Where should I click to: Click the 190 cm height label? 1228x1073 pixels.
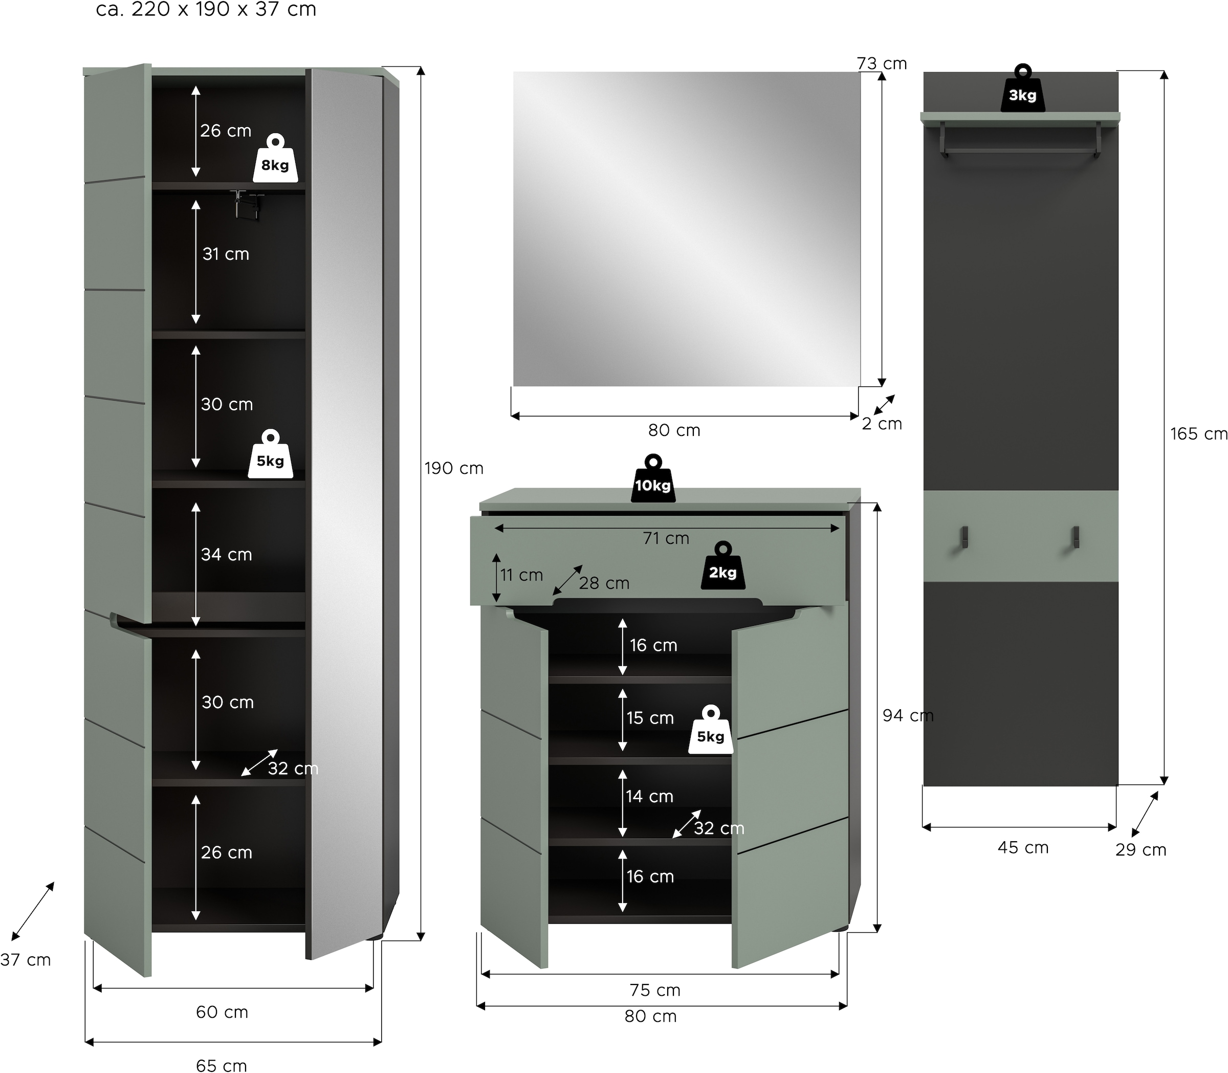[x=454, y=468]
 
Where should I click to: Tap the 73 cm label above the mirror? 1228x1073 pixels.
[x=881, y=63]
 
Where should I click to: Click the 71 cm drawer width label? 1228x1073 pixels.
[x=666, y=538]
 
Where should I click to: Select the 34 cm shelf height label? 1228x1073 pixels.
[x=226, y=555]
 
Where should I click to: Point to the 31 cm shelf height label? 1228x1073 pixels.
[x=226, y=254]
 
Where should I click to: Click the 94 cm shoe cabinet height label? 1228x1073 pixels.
[x=908, y=715]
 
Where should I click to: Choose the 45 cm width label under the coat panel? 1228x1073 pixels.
[x=1023, y=847]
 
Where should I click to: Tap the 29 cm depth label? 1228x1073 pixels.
[x=1141, y=850]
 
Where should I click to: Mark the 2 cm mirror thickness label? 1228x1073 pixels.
[x=881, y=424]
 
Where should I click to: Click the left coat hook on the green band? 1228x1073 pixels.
[x=964, y=537]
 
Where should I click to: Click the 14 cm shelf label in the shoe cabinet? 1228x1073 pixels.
[x=650, y=796]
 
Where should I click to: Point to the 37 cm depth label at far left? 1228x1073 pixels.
[x=25, y=960]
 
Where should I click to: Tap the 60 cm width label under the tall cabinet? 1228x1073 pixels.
[x=222, y=1012]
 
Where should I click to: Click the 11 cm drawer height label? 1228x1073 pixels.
[x=521, y=576]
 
